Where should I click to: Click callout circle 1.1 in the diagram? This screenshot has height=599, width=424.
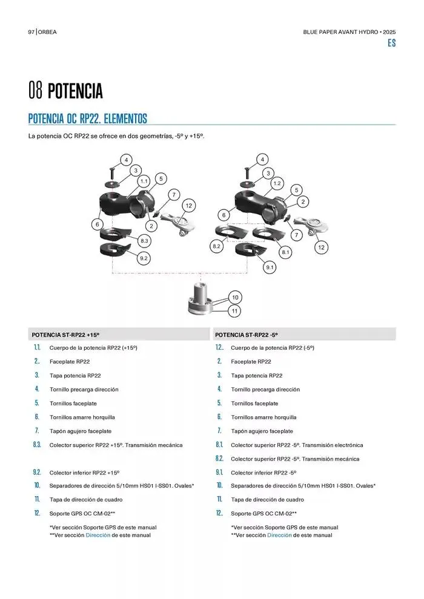pos(144,181)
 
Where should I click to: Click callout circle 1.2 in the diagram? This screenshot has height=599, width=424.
pos(277,183)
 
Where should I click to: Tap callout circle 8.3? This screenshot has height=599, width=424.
pos(144,241)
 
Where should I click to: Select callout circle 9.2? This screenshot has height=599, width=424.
pos(144,258)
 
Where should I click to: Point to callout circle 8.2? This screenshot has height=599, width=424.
pos(216,246)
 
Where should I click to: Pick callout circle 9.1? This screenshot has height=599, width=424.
pos(270,267)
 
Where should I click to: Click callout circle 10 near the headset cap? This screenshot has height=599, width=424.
pos(235,297)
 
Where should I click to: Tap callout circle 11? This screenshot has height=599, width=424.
pos(235,311)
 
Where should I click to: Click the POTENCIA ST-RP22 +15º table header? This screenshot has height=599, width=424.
pos(65,335)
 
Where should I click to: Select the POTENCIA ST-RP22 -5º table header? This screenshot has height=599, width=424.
pos(246,335)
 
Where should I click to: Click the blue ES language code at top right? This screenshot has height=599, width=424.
pos(391,43)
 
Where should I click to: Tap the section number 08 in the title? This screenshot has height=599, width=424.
pos(35,91)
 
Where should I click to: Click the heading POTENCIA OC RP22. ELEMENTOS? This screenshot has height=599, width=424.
pos(88,119)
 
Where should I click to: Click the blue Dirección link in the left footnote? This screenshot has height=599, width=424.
pos(98,535)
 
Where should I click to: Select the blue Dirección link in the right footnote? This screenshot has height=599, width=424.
pos(279,535)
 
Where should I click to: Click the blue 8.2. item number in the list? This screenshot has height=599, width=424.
pos(219,459)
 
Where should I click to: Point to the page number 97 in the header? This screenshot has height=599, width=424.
pos(31,32)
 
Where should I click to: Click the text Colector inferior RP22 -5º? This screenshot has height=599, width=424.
pos(264,473)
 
